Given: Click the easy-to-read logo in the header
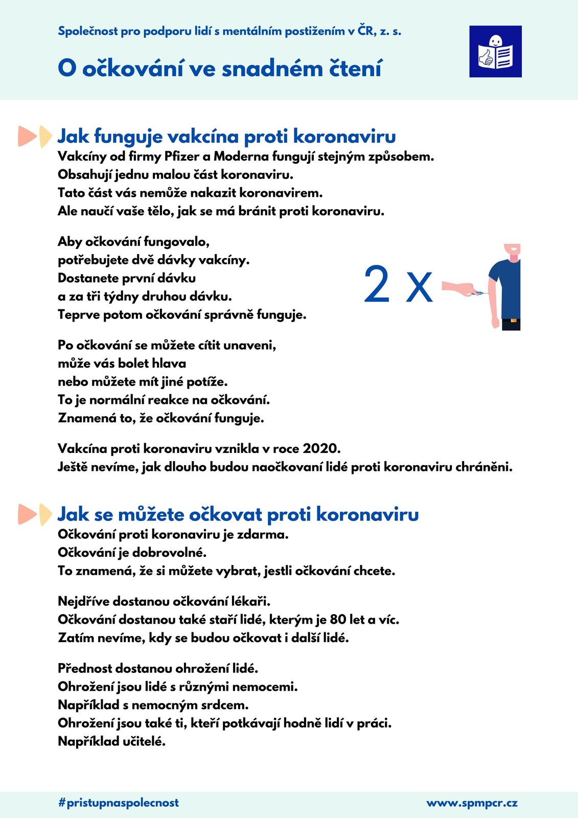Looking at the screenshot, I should coord(495,52).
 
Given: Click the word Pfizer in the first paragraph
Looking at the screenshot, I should coord(181,156).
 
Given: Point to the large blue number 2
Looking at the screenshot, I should coord(377,285).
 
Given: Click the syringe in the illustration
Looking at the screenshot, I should coord(479,293).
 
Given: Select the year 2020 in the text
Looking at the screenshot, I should coord(321,449).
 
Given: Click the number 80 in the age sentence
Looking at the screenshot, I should coord(338,620).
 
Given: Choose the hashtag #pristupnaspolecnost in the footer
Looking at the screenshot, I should coord(119,803).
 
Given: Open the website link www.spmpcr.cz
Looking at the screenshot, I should coord(472,803).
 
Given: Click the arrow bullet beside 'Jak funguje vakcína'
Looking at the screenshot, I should coord(35,137).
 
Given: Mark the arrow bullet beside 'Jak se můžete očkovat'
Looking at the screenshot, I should coord(35,514).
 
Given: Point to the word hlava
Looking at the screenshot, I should coord(169,363).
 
